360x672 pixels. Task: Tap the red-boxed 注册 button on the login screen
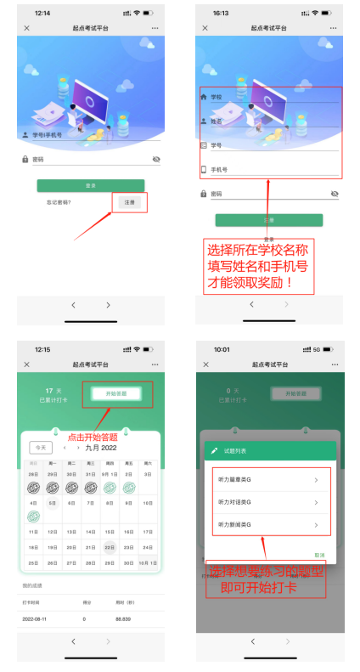tap(130, 202)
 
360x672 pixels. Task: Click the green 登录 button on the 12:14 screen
tap(90, 185)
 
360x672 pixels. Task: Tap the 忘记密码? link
tap(59, 202)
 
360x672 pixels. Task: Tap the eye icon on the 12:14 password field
tap(156, 159)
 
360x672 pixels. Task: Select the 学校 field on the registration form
tap(269, 97)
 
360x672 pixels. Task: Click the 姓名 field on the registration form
tap(269, 121)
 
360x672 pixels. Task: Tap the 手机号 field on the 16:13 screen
tap(269, 170)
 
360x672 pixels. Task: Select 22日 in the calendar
tap(110, 546)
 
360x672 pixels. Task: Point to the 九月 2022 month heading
tap(101, 447)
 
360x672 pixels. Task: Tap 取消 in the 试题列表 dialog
tap(319, 555)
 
